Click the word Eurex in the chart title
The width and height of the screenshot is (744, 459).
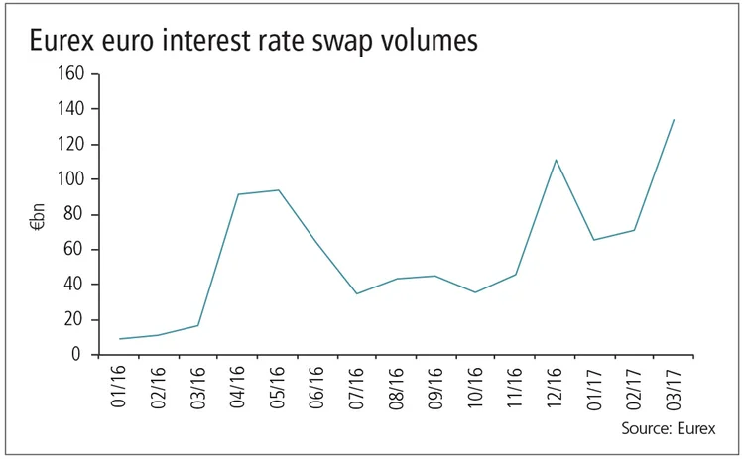coord(70,41)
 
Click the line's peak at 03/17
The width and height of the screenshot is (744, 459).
coord(674,120)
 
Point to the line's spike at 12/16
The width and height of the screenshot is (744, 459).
coord(556,160)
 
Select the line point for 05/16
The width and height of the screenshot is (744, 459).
coord(278,190)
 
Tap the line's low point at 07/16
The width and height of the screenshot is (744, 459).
coord(357,293)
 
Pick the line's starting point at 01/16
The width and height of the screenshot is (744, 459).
coord(120,339)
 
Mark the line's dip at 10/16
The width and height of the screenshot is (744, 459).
coord(476,292)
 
